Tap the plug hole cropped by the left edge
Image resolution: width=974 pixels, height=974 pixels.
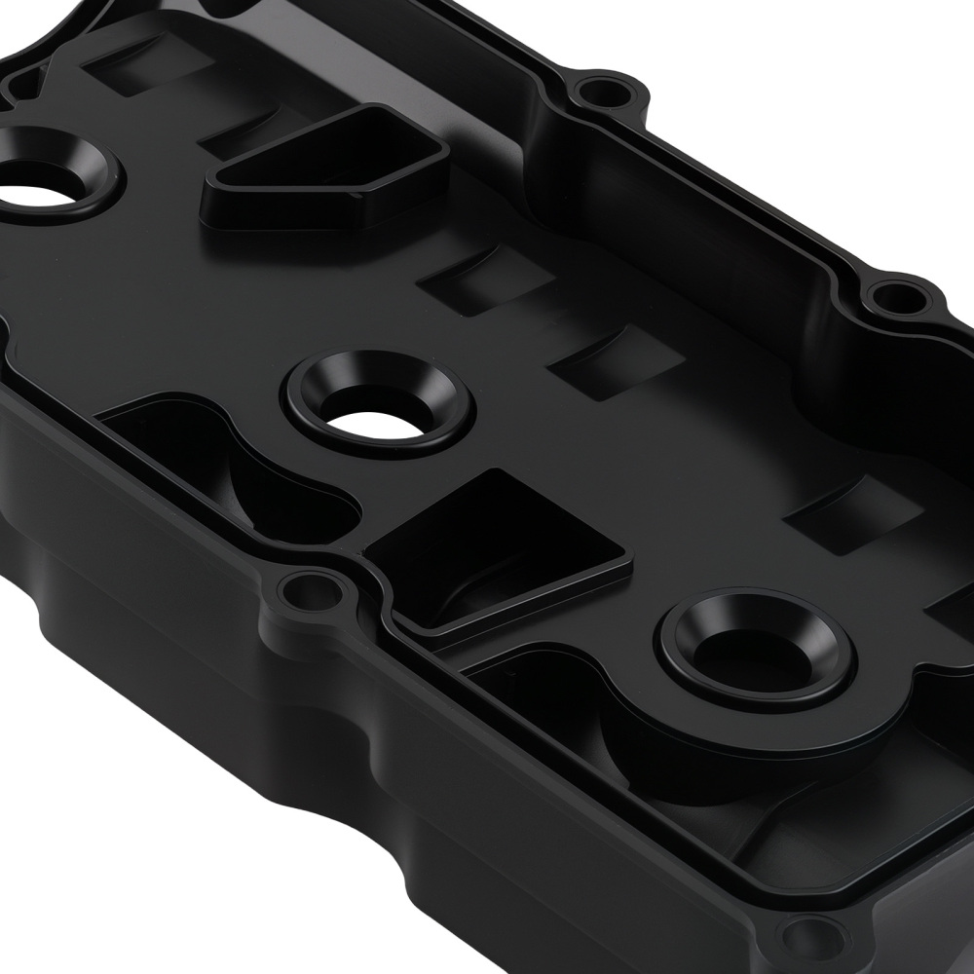(44, 185)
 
